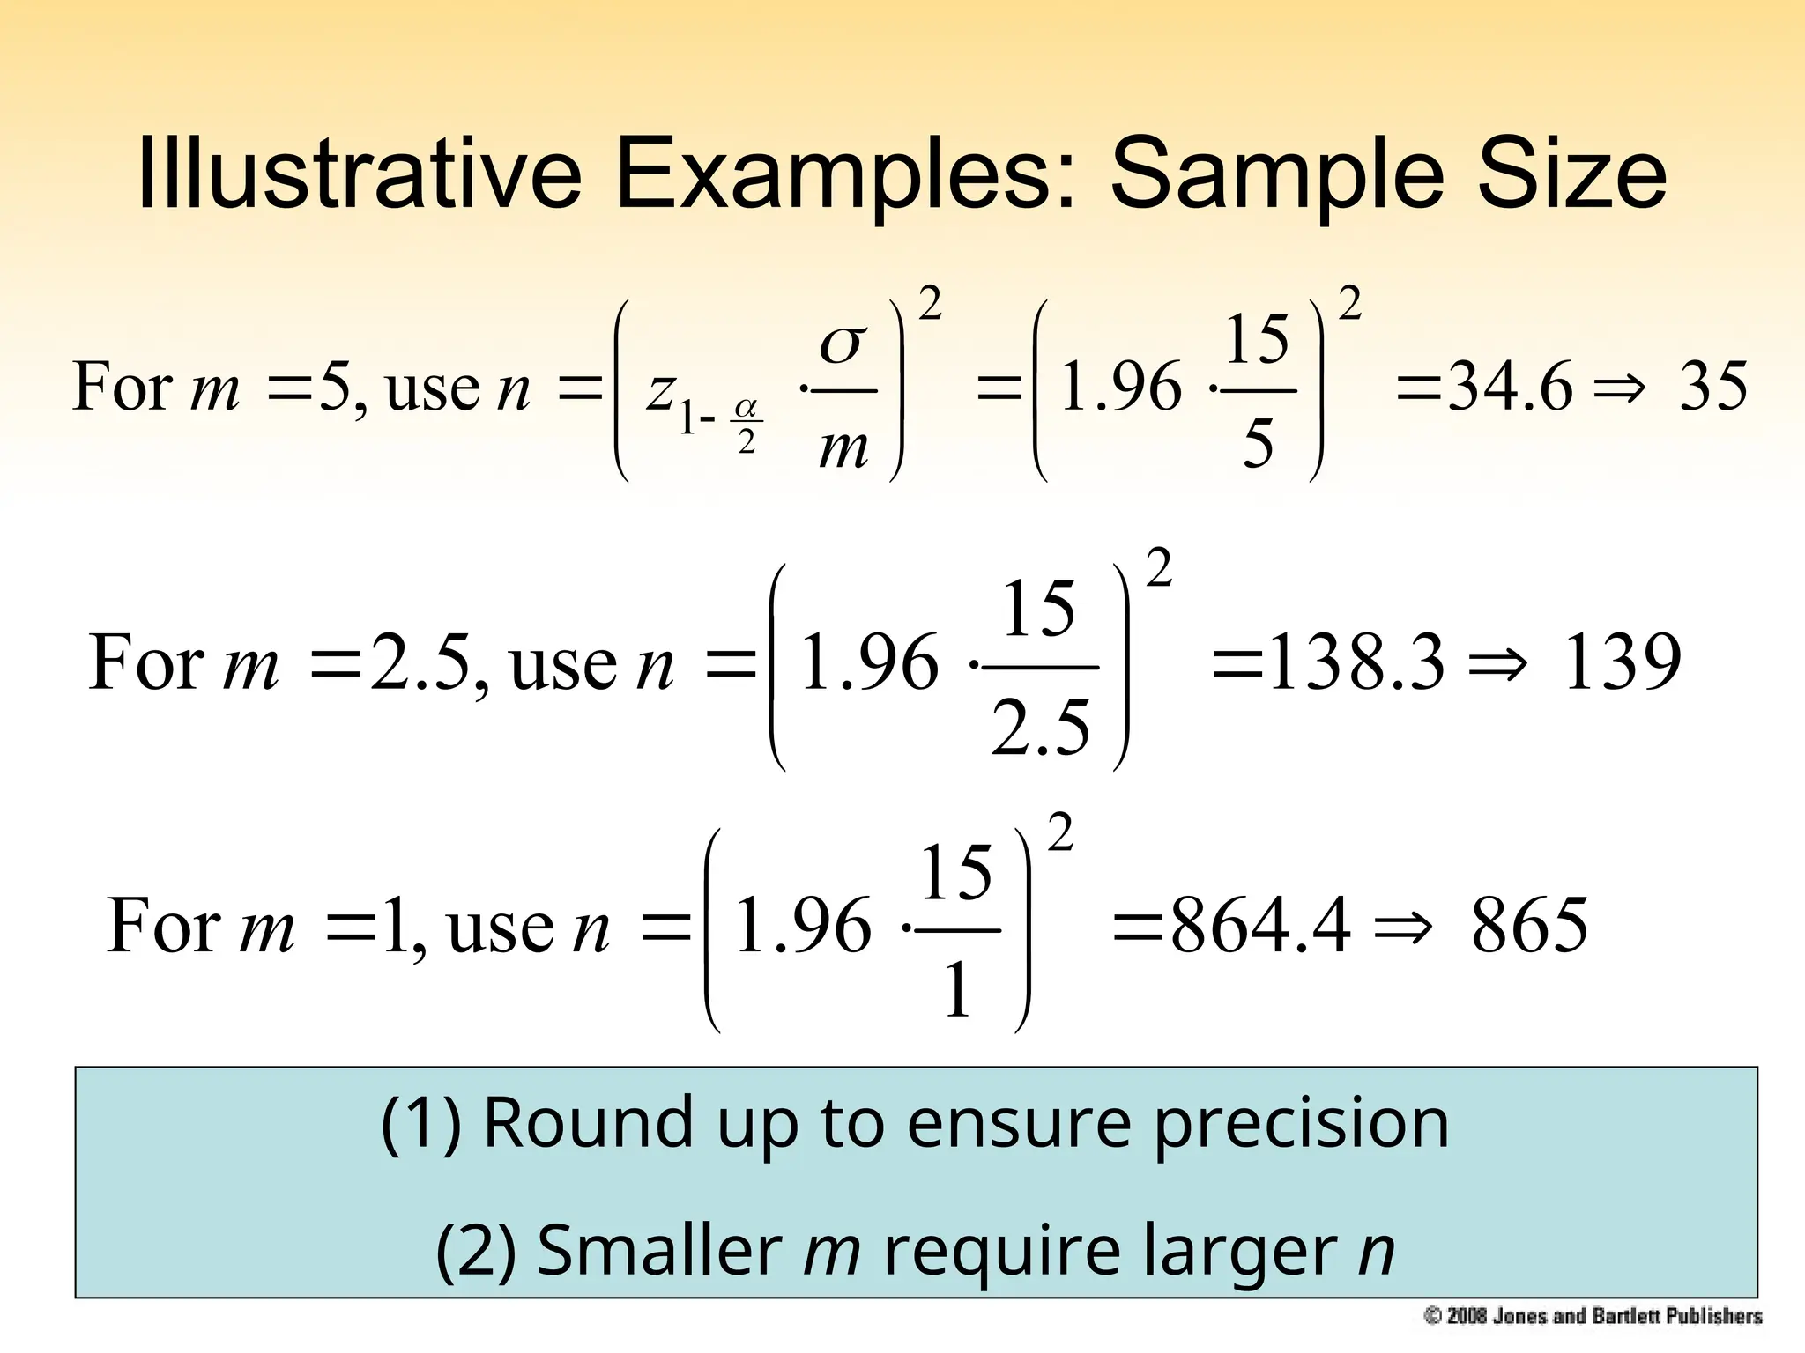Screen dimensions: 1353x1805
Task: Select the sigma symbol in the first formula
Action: click(x=843, y=344)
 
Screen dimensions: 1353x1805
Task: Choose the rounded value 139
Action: click(x=1621, y=662)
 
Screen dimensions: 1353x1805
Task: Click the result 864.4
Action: click(x=1260, y=926)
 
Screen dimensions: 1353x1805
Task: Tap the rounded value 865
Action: click(x=1529, y=926)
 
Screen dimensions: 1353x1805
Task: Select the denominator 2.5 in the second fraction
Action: click(x=1040, y=728)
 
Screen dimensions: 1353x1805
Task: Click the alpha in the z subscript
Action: click(x=746, y=407)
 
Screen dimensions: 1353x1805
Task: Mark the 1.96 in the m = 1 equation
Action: click(x=802, y=926)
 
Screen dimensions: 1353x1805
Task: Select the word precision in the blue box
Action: click(x=1301, y=1124)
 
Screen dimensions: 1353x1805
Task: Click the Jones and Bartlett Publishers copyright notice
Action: click(x=1593, y=1317)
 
